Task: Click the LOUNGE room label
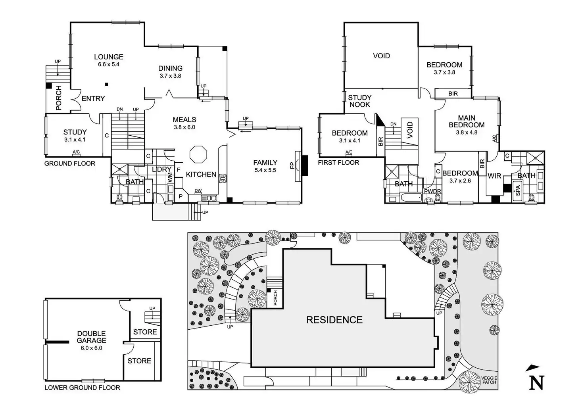pyautogui.click(x=108, y=57)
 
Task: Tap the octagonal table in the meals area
pyautogui.click(x=198, y=154)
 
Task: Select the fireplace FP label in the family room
pyautogui.click(x=292, y=165)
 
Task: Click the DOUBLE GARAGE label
pyautogui.click(x=92, y=337)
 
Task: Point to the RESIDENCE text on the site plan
pyautogui.click(x=334, y=320)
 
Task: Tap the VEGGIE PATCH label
pyautogui.click(x=489, y=380)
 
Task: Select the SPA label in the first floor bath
pyautogui.click(x=517, y=191)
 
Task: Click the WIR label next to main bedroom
pyautogui.click(x=494, y=176)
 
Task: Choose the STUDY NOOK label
pyautogui.click(x=359, y=101)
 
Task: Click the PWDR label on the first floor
pyautogui.click(x=432, y=192)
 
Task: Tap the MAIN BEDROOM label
pyautogui.click(x=467, y=121)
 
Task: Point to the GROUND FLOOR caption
pyautogui.click(x=70, y=163)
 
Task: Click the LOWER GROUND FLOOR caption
pyautogui.click(x=82, y=388)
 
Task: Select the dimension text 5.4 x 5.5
pyautogui.click(x=265, y=170)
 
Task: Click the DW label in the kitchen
pyautogui.click(x=198, y=191)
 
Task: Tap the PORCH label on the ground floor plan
pyautogui.click(x=59, y=98)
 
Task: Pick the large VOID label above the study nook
pyautogui.click(x=381, y=56)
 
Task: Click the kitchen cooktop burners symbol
pyautogui.click(x=223, y=178)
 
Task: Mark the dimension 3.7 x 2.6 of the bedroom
pyautogui.click(x=460, y=181)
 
